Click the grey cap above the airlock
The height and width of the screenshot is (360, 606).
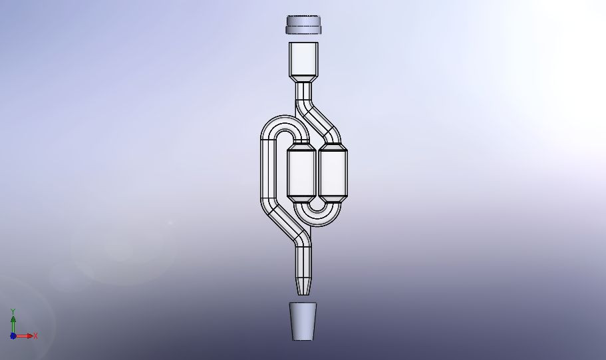(x=303, y=25)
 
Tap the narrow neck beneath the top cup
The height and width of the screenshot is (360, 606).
(x=303, y=90)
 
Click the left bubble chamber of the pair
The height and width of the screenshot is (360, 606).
(x=301, y=173)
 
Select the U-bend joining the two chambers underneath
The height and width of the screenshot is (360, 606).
(x=317, y=217)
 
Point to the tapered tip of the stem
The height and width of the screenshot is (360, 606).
(x=303, y=286)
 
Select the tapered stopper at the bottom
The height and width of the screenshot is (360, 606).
(x=303, y=321)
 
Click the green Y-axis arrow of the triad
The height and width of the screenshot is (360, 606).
(x=13, y=322)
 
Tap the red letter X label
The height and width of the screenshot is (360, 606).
(x=35, y=336)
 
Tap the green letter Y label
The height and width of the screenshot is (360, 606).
(x=13, y=311)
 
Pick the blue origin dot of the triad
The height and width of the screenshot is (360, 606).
(x=13, y=336)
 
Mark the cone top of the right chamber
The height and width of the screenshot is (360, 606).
(x=333, y=146)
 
